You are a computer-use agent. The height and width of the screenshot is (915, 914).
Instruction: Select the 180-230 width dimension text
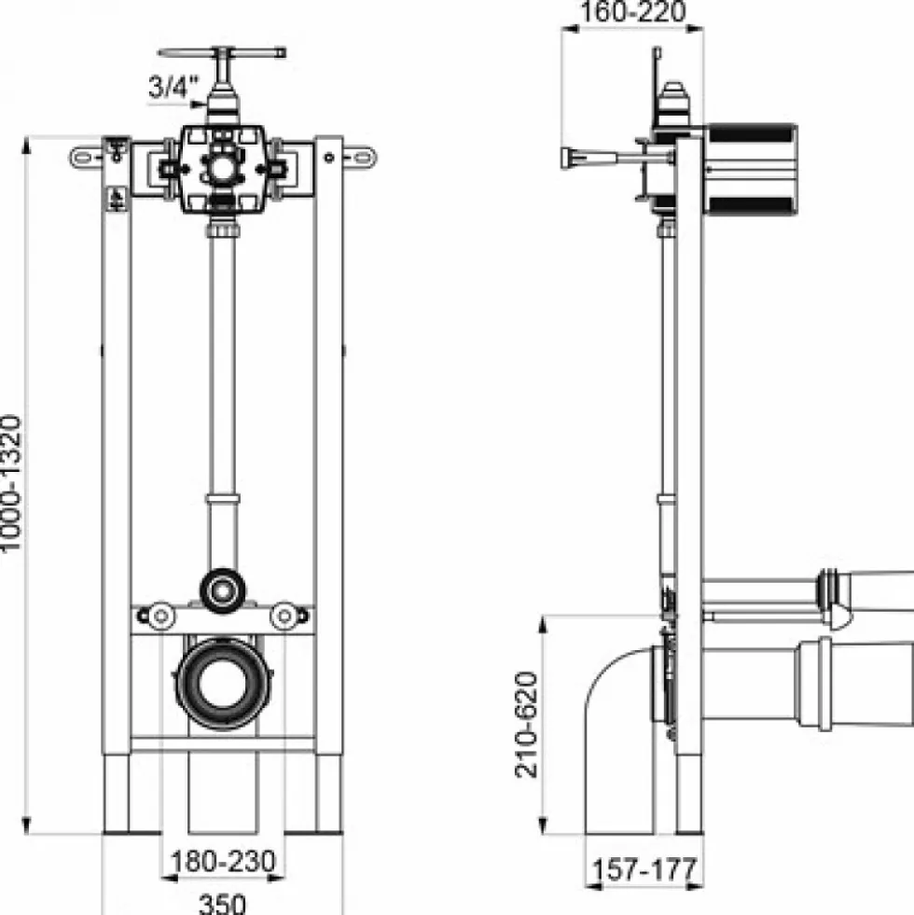point(222,861)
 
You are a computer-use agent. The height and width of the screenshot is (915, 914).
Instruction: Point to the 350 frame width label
point(222,903)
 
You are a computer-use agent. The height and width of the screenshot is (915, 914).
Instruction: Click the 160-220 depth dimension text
point(633,12)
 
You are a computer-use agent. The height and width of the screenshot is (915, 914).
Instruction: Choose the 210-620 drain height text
point(526,724)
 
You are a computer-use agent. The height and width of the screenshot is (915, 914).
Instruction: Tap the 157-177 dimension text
point(644,869)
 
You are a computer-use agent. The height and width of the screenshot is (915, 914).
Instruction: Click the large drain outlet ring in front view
point(223,684)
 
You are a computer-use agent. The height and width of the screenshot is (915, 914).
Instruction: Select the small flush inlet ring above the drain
point(222,590)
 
